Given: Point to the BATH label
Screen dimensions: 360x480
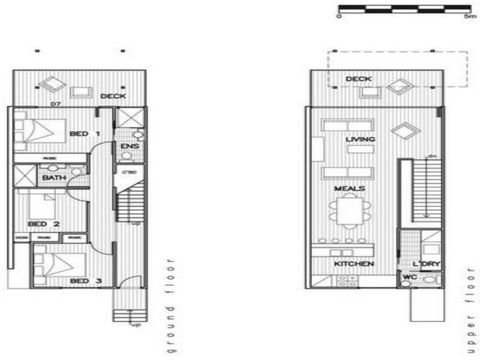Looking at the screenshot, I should [54, 178].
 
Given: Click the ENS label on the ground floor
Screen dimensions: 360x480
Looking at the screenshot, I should [129, 147].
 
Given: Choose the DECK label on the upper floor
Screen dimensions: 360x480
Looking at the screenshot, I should [358, 79].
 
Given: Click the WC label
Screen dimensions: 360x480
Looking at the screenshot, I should [409, 277].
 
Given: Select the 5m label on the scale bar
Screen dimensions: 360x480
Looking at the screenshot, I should [469, 18].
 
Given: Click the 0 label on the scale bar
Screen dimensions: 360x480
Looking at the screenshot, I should [340, 18].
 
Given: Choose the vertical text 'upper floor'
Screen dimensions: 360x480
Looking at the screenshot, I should [468, 300].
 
